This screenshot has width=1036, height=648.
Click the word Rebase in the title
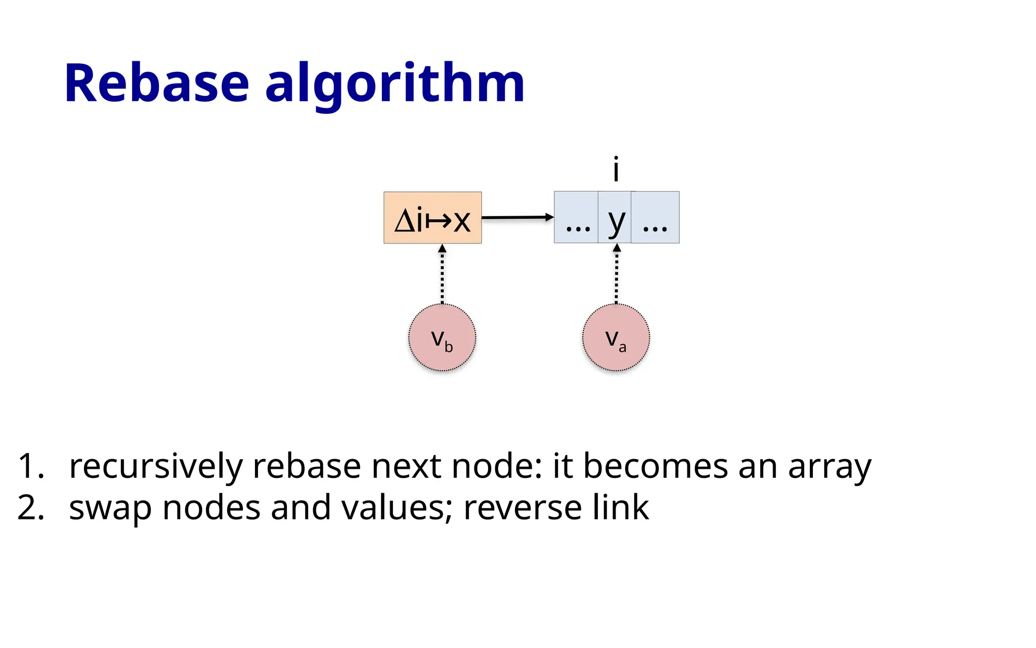tap(157, 84)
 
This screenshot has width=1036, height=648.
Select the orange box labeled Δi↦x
tap(433, 218)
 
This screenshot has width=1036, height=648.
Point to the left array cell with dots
tap(577, 218)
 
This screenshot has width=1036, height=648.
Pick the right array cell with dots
tap(655, 218)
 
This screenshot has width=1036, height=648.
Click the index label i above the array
tap(616, 170)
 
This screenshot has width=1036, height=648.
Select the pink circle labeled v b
tap(442, 338)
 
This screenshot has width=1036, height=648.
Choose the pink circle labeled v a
tap(616, 338)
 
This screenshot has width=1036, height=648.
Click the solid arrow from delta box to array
tap(517, 218)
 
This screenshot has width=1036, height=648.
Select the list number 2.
tap(30, 508)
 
